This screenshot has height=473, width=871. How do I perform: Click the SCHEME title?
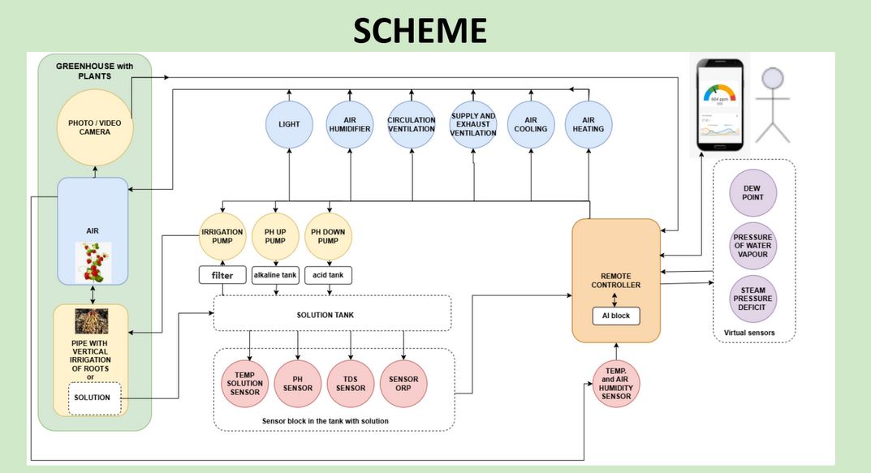tap(420, 30)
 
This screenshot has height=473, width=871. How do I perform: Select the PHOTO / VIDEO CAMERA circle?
tap(94, 127)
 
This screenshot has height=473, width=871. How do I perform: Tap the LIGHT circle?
tap(289, 124)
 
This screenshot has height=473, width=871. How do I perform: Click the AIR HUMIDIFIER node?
tap(350, 124)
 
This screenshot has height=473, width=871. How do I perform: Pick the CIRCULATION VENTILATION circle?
tap(412, 124)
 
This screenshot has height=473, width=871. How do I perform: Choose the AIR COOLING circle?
tap(531, 124)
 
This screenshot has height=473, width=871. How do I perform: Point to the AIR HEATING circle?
tap(589, 124)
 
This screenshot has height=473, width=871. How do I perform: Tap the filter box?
tap(222, 275)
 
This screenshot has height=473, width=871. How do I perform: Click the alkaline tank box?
tap(275, 275)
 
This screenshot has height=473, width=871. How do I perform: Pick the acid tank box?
tap(328, 275)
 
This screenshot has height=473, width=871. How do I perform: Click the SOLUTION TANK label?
tap(331, 313)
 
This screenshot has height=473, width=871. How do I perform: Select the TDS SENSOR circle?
tap(351, 381)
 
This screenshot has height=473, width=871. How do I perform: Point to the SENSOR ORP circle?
tap(403, 381)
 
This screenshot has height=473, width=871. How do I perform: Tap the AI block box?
tap(615, 315)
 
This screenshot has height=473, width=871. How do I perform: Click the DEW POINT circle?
tap(753, 191)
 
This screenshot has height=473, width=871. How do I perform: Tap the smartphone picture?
tap(721, 106)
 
